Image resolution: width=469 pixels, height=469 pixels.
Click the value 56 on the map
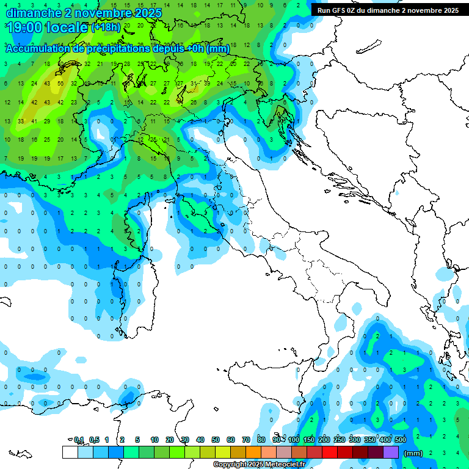(60, 83)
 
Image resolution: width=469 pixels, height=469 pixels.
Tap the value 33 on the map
(21, 121)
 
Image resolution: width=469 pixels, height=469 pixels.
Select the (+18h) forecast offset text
(106, 27)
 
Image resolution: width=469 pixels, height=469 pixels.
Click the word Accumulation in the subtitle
(40, 49)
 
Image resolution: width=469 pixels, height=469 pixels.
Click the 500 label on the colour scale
(400, 440)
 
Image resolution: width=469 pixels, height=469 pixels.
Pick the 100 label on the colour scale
(294, 440)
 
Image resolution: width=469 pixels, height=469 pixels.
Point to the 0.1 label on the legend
(79, 440)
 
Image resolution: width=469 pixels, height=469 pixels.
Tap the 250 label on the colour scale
(340, 440)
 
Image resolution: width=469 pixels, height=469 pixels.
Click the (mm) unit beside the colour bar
(413, 453)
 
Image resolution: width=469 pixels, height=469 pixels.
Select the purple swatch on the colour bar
(390, 452)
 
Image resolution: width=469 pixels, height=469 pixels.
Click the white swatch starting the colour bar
(70, 452)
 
